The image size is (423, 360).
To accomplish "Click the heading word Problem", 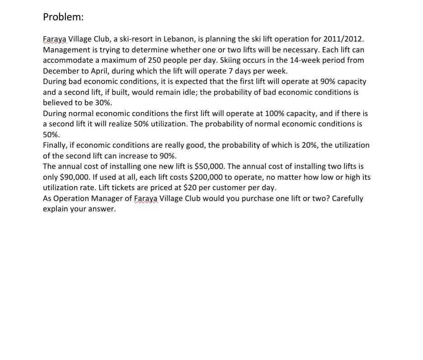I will click(x=63, y=17).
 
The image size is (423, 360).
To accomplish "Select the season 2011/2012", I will click(x=343, y=39).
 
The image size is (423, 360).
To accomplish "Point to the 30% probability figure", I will click(x=103, y=103).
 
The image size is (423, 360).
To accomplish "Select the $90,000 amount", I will click(x=74, y=177).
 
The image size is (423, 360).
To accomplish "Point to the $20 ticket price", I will click(x=190, y=187).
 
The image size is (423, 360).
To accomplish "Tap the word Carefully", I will click(x=347, y=198).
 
